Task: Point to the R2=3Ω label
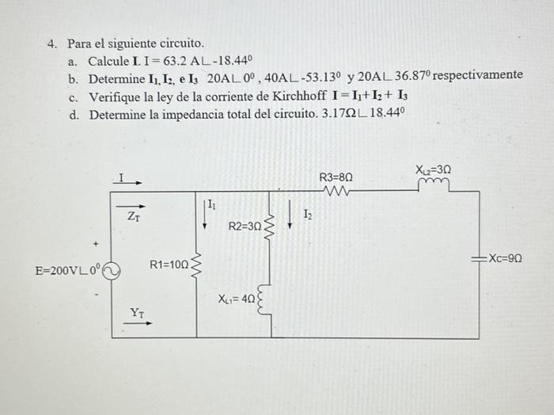(245, 227)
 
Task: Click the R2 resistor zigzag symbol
(271, 227)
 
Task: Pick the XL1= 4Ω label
(237, 299)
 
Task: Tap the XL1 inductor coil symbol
(271, 299)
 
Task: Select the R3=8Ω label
(336, 177)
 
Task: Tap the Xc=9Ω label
(506, 258)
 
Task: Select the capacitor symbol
(477, 259)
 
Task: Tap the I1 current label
(211, 207)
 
